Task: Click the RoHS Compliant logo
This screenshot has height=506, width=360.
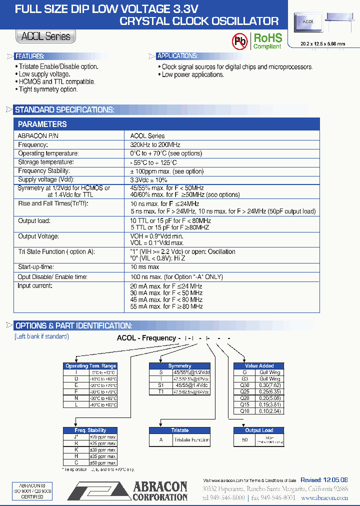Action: [x=267, y=40]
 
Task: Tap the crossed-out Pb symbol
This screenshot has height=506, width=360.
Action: [x=239, y=41]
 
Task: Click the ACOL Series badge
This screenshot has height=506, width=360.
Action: [x=45, y=36]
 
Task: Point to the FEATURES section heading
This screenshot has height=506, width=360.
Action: [x=29, y=56]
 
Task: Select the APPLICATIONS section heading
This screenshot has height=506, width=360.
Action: [x=177, y=56]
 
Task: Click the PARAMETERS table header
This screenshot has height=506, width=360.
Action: [x=42, y=124]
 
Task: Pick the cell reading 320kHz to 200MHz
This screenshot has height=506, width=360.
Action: [x=155, y=144]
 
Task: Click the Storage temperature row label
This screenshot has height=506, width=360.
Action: [x=46, y=162]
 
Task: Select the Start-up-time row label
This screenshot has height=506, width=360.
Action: [x=36, y=267]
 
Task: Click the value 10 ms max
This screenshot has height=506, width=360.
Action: [x=145, y=267]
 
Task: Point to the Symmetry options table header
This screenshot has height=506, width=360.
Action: [x=180, y=366]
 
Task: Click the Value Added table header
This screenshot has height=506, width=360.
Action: [x=259, y=366]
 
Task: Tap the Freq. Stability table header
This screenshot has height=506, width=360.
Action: [x=90, y=430]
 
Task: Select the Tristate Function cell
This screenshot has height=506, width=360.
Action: [x=191, y=440]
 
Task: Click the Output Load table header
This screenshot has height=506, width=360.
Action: [x=259, y=430]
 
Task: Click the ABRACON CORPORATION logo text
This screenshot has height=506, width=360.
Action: [x=159, y=491]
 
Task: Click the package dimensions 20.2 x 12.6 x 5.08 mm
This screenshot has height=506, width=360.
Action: [x=322, y=44]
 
